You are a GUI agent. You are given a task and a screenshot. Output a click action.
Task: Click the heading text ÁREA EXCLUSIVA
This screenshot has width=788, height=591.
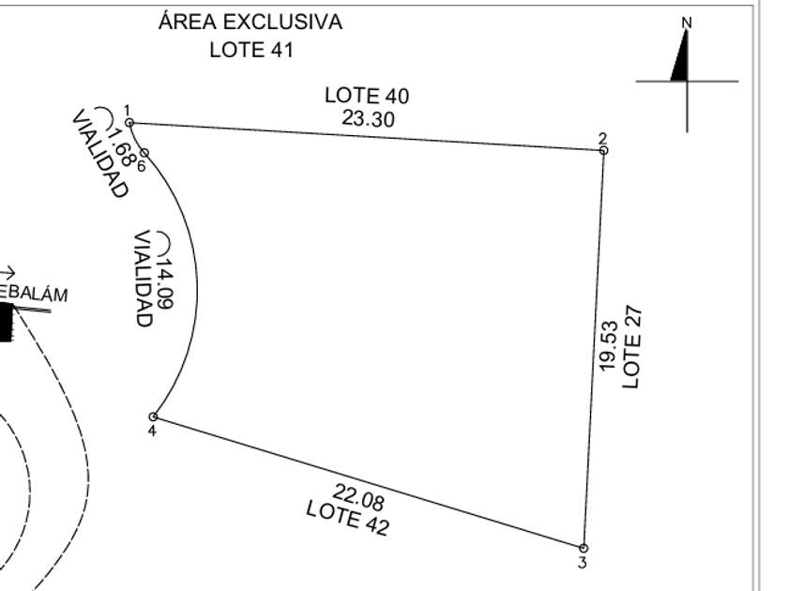click(x=250, y=22)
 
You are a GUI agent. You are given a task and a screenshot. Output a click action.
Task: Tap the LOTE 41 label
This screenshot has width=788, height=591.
click(x=251, y=51)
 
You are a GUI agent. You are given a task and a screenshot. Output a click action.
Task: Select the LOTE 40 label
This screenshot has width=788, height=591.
click(x=367, y=96)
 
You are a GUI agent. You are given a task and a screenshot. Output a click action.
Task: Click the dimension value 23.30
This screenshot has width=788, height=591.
click(x=369, y=119)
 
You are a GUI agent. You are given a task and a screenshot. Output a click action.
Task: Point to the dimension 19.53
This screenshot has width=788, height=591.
click(x=609, y=346)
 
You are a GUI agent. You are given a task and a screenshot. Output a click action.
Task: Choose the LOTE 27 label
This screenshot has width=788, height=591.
click(x=631, y=347)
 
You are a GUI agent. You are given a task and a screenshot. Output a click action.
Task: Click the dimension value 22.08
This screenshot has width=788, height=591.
click(x=358, y=496)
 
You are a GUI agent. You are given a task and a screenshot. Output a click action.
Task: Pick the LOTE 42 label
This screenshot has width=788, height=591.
click(x=348, y=519)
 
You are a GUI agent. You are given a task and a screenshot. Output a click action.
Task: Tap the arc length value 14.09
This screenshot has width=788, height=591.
click(x=165, y=283)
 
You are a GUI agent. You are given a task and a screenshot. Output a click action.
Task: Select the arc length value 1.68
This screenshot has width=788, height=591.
click(x=121, y=147)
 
